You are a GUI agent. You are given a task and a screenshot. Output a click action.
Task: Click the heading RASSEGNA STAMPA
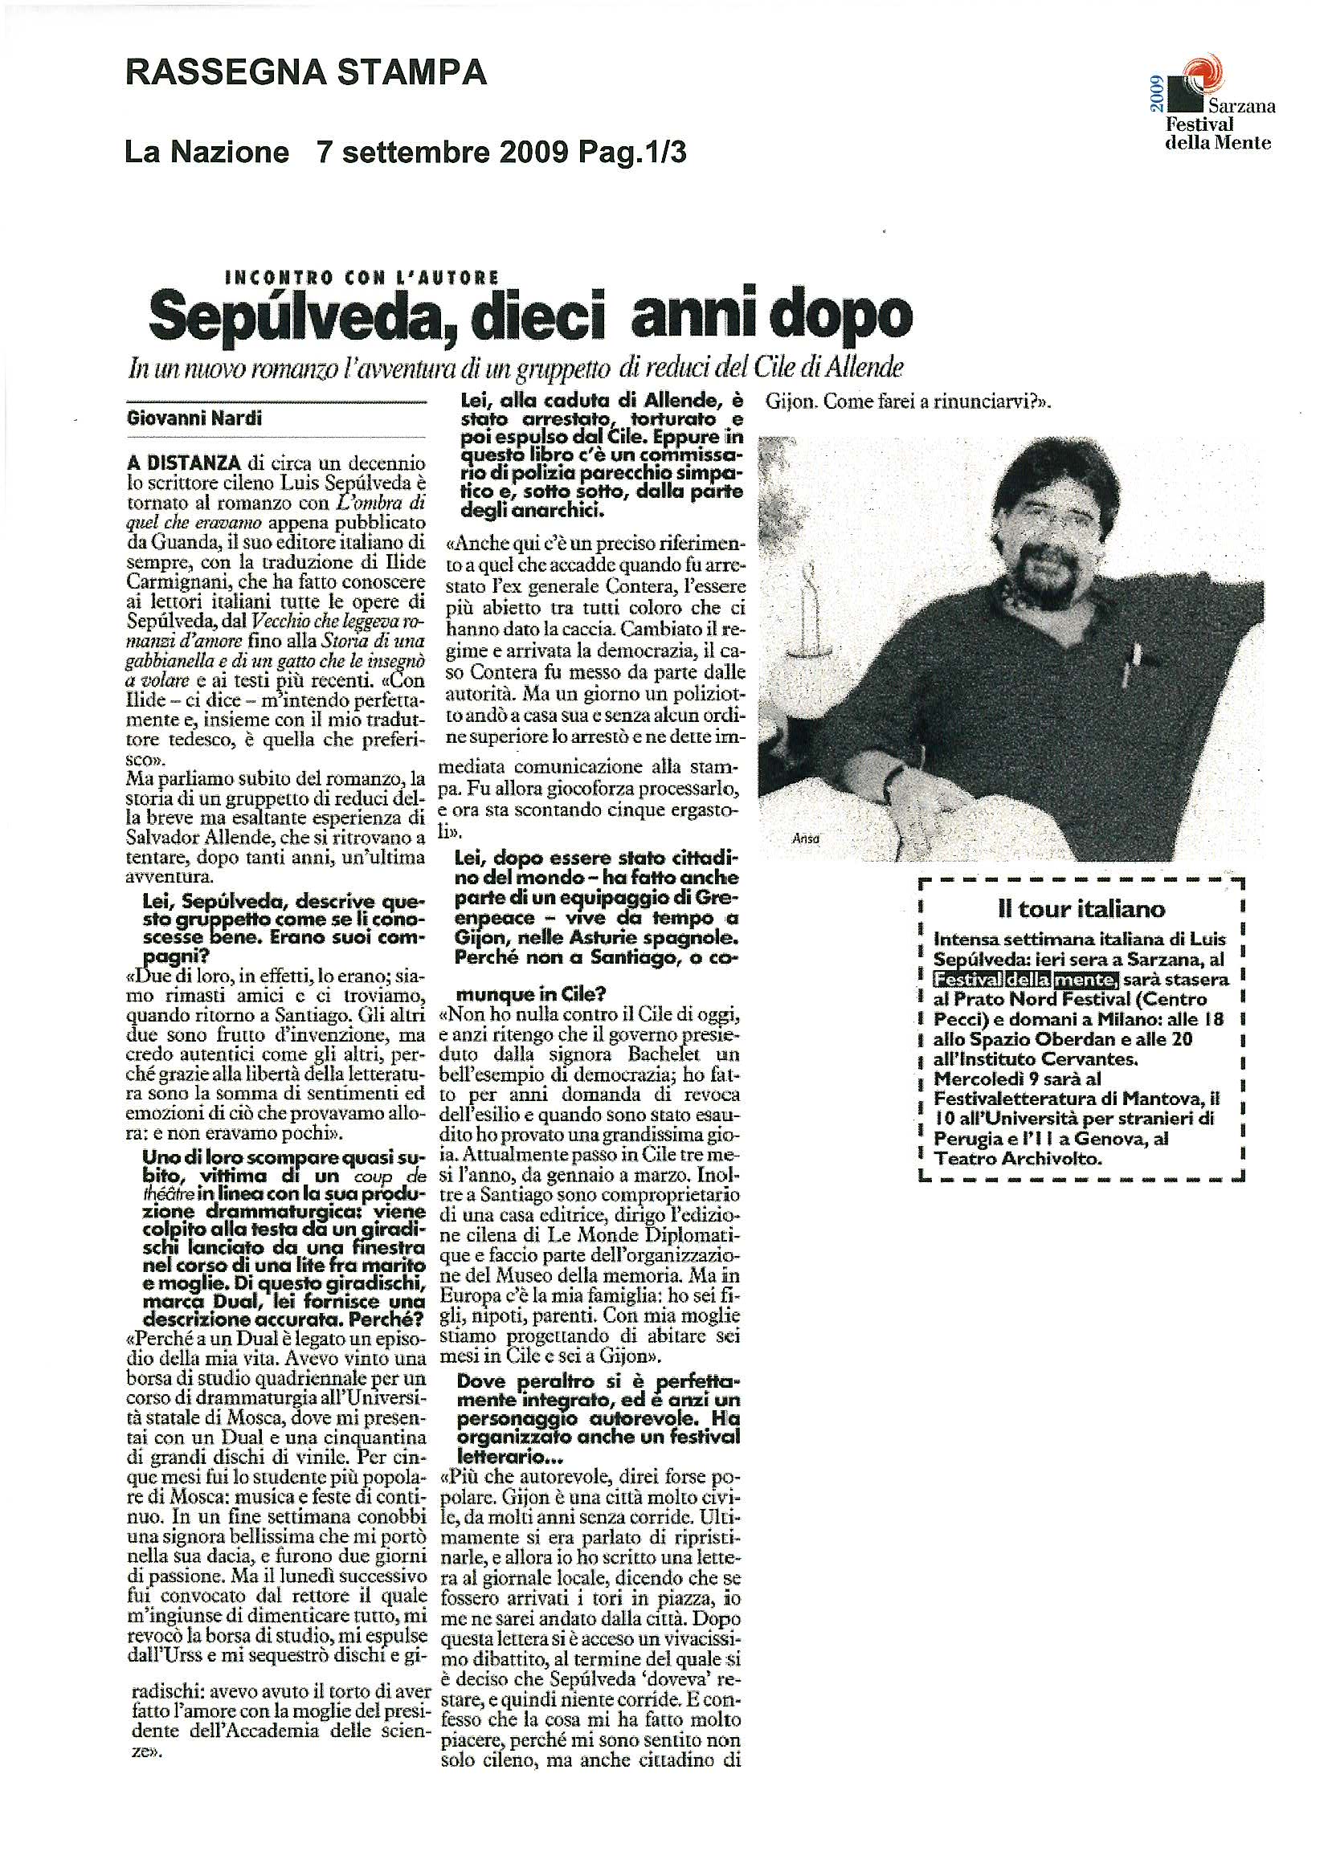click(306, 74)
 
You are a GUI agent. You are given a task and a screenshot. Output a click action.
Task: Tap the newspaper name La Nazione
click(207, 152)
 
